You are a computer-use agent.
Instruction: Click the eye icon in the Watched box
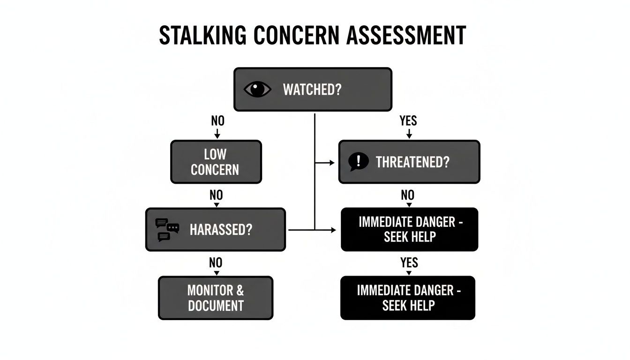click(257, 89)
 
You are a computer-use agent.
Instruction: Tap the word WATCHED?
click(312, 90)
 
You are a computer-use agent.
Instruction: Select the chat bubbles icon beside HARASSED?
click(167, 230)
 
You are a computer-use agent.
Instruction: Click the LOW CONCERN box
click(216, 162)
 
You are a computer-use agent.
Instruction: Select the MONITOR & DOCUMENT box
click(216, 298)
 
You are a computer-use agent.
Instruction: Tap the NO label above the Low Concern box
click(217, 121)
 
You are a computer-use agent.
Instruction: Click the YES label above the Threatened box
click(408, 121)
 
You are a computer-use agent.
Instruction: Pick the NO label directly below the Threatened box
click(407, 195)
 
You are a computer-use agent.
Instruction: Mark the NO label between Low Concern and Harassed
click(216, 195)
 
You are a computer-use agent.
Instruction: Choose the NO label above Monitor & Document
click(216, 263)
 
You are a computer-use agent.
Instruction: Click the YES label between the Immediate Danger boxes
click(409, 263)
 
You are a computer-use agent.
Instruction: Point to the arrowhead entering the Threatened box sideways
click(332, 163)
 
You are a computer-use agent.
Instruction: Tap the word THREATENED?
click(412, 162)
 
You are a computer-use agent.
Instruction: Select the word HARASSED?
click(221, 230)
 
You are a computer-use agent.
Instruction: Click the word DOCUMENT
click(216, 306)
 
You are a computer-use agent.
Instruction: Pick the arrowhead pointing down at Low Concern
click(217, 136)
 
